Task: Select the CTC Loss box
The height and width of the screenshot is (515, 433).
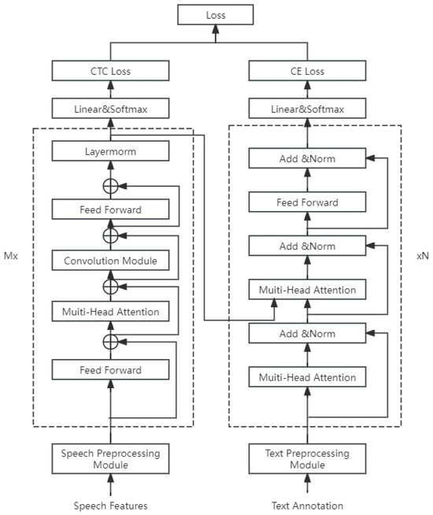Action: tap(110, 72)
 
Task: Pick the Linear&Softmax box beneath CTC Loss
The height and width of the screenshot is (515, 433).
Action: tap(110, 109)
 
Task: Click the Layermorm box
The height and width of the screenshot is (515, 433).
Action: tap(110, 149)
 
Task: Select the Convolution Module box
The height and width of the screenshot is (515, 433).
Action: tap(110, 261)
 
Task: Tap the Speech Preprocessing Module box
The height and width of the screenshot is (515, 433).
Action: tap(110, 458)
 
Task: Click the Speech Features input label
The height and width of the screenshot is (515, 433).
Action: tap(110, 505)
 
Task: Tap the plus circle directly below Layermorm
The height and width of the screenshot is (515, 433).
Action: tap(110, 184)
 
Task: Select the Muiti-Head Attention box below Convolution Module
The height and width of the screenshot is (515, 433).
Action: tap(110, 313)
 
